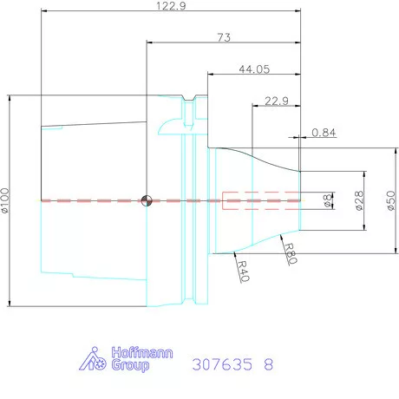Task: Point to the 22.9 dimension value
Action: (x=277, y=101)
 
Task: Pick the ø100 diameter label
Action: (x=7, y=200)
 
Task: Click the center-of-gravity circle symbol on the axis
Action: (x=147, y=200)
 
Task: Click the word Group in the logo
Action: (x=130, y=366)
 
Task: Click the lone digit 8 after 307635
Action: (x=267, y=365)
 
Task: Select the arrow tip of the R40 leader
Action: (x=236, y=253)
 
